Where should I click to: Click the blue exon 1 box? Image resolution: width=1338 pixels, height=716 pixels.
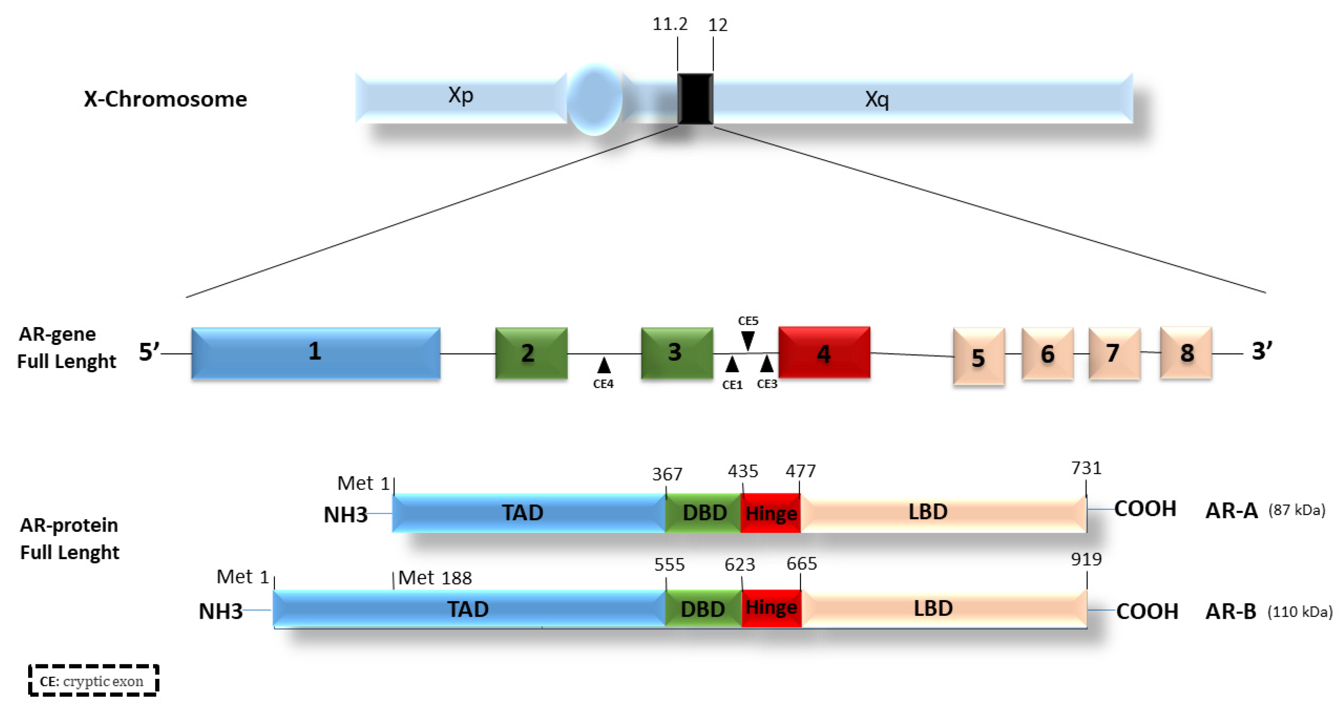(315, 353)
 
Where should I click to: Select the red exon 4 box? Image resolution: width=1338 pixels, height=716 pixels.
(824, 353)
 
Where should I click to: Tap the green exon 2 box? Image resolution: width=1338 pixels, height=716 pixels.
(531, 353)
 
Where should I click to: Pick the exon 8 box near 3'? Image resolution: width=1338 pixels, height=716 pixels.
(1186, 353)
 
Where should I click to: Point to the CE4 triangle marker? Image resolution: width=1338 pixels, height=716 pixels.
(604, 365)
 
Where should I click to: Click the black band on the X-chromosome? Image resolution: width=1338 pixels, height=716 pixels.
(695, 99)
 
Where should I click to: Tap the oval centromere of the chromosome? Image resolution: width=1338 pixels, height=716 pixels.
(594, 99)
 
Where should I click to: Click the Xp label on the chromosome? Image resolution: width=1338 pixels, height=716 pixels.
(460, 96)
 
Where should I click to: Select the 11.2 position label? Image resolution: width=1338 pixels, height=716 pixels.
(669, 24)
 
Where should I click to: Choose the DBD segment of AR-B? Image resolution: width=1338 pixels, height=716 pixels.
(703, 609)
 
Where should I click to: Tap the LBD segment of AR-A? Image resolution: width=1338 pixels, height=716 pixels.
(928, 512)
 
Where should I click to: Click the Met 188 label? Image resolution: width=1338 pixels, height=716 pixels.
(435, 578)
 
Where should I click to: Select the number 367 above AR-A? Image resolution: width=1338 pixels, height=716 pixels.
(667, 474)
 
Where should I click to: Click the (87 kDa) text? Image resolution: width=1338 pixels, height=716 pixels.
(1297, 510)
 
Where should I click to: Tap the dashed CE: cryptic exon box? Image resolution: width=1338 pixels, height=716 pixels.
(93, 680)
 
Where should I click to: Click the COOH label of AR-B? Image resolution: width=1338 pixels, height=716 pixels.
(1146, 611)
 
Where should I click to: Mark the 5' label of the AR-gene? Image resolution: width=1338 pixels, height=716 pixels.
(148, 351)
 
